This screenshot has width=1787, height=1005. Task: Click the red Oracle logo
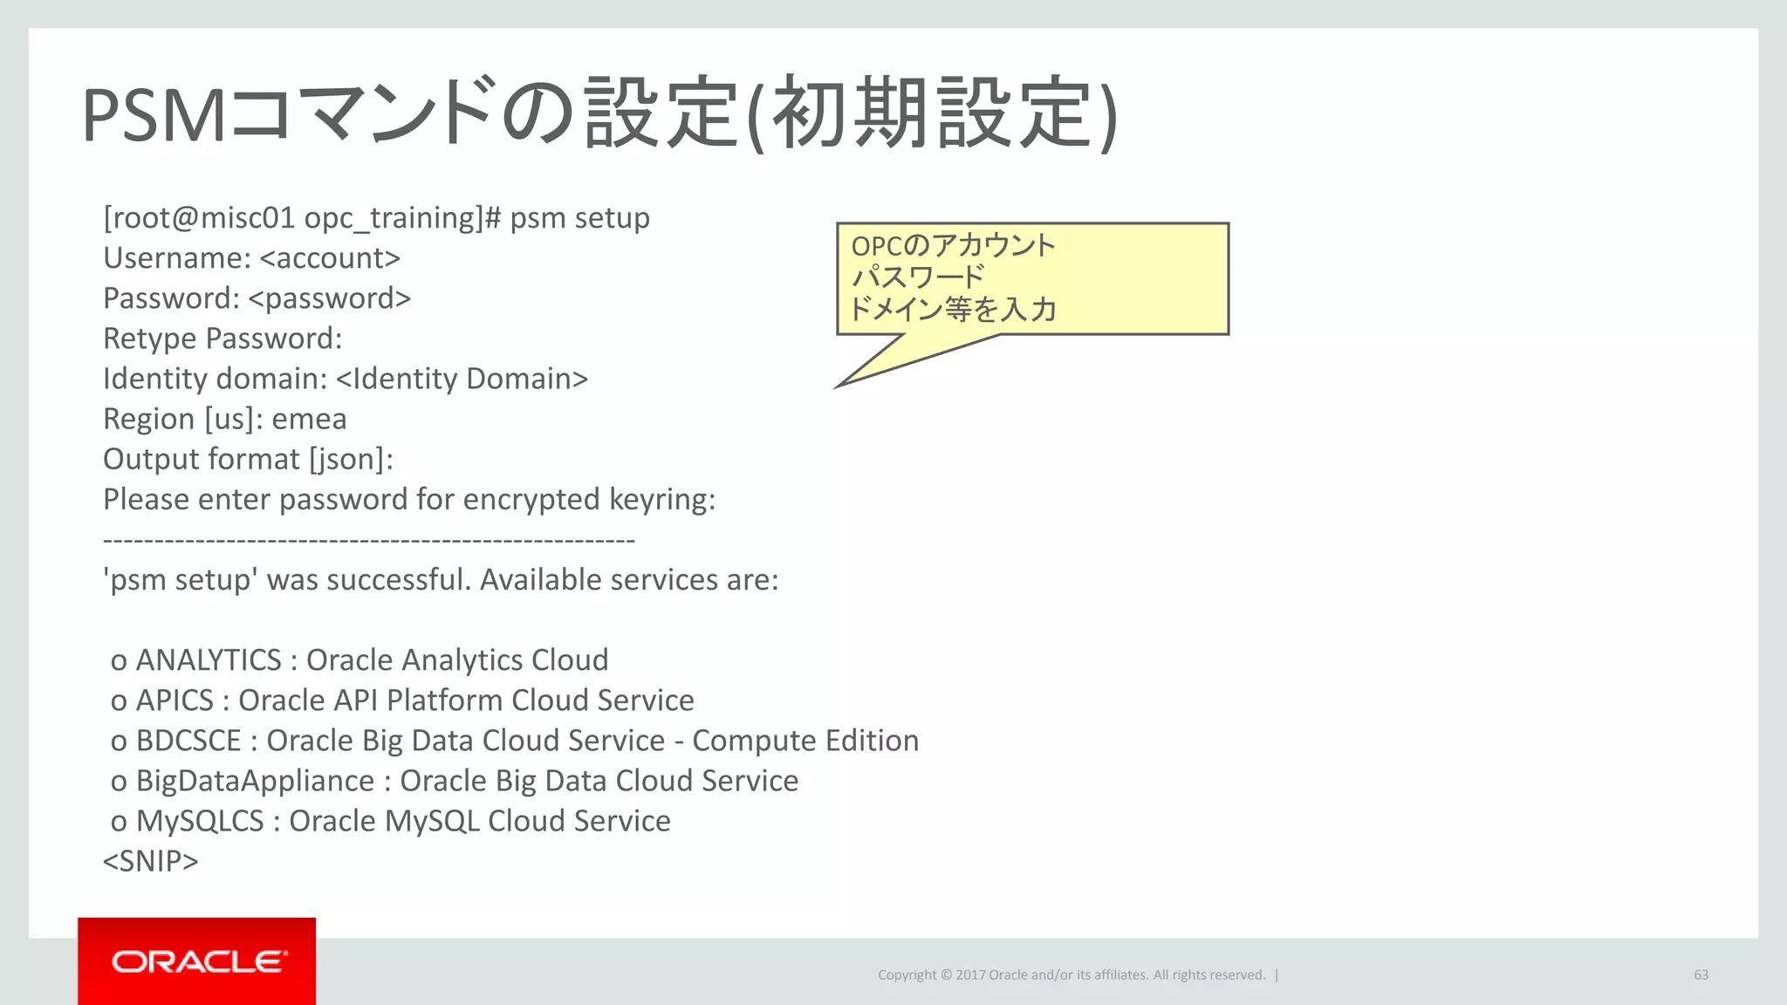point(197,961)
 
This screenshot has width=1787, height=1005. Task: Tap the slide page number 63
point(1701,974)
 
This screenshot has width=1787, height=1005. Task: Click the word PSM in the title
point(154,116)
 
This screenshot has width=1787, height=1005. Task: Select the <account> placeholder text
point(330,258)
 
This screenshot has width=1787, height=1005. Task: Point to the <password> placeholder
point(329,298)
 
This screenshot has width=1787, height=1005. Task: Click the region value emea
point(309,419)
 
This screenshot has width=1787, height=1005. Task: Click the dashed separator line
point(368,541)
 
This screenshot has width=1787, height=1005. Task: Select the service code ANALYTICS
point(209,660)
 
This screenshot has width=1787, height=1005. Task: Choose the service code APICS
point(175,701)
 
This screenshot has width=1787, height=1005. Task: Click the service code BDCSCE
point(188,741)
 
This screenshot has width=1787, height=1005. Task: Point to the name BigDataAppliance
point(255,781)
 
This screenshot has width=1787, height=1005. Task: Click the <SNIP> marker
point(150,861)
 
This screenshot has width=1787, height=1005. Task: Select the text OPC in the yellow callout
point(876,246)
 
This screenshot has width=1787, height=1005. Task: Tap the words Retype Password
point(222,338)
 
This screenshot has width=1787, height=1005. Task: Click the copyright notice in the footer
point(1071,974)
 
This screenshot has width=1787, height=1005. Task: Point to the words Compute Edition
point(804,741)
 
